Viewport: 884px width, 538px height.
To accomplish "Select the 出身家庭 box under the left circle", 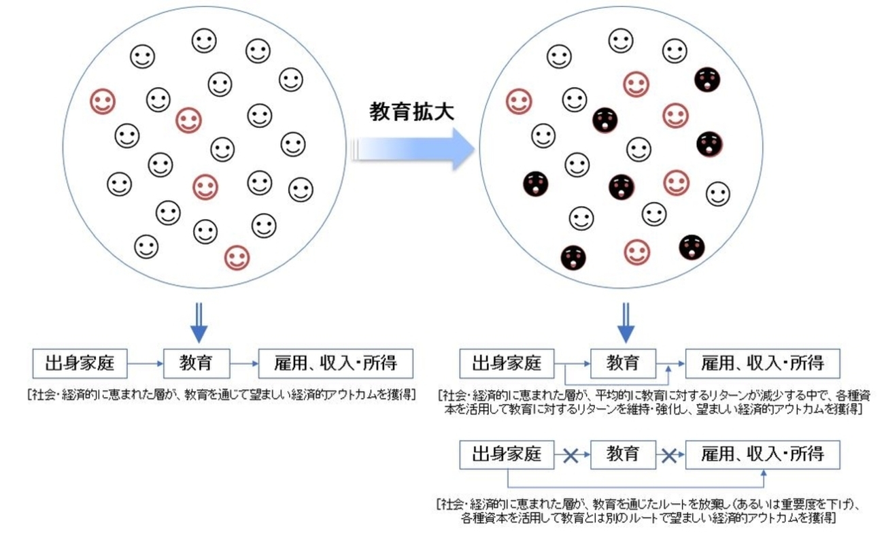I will (80, 364).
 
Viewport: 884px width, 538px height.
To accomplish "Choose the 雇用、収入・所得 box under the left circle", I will (336, 364).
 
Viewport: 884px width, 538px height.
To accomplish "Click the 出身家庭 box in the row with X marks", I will (507, 454).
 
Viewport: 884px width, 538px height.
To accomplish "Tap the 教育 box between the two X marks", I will (623, 454).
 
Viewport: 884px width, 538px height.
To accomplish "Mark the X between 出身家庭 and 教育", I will (571, 455).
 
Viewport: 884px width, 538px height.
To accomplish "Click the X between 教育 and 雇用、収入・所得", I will (670, 455).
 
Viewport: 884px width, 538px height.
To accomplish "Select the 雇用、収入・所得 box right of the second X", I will (762, 454).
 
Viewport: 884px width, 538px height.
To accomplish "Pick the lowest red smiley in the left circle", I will (237, 257).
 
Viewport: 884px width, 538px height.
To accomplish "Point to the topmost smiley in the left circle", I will (204, 41).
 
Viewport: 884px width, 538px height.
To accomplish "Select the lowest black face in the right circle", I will (573, 256).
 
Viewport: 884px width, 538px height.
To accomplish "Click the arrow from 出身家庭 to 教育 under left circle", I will (146, 364).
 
